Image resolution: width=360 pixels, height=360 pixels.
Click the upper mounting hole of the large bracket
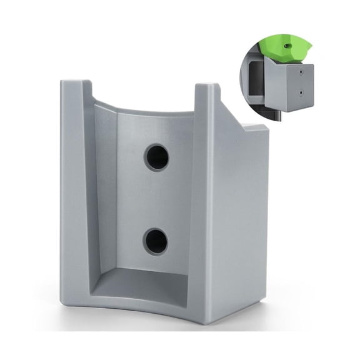coord(157,157)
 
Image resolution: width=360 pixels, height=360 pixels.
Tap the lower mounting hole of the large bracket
coord(155,241)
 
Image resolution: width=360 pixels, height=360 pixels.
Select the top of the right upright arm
coord(207,87)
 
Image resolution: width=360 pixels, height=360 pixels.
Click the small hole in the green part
coord(287,45)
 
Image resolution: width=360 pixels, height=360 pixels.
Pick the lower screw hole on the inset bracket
coord(301,94)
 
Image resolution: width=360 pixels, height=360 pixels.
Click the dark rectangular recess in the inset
coord(256,78)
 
